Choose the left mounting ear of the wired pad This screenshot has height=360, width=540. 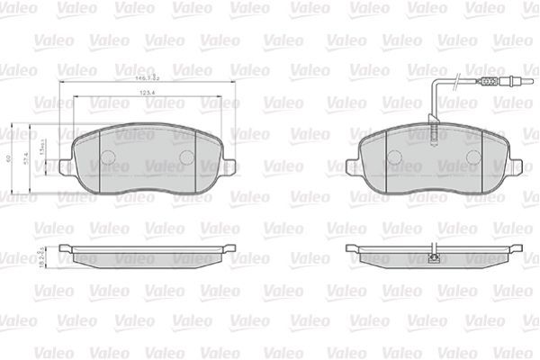click(352, 166)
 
